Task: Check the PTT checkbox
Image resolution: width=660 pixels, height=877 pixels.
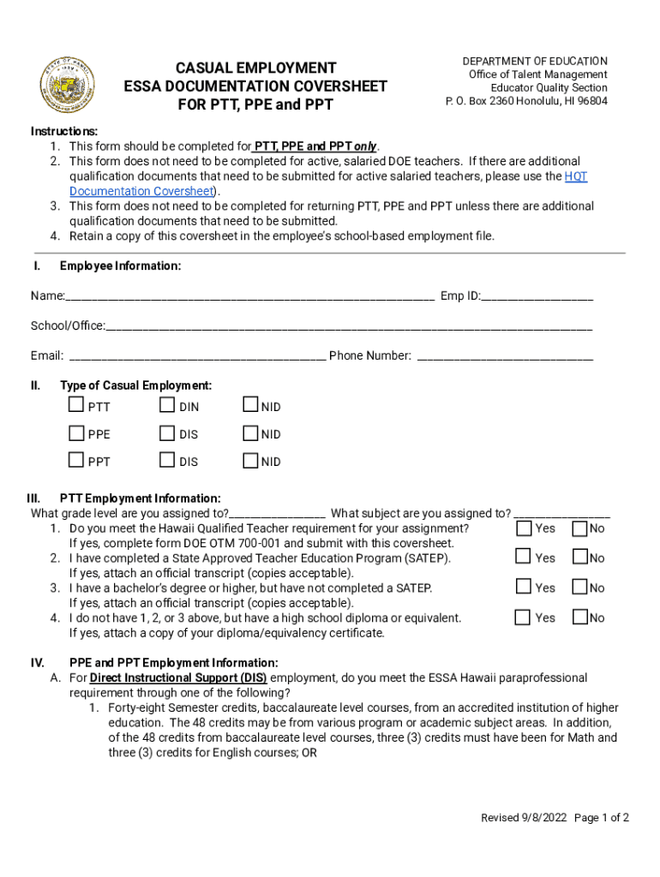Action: [x=77, y=405]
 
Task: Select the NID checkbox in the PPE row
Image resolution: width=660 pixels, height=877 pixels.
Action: [x=250, y=433]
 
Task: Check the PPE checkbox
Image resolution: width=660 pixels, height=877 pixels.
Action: [x=77, y=433]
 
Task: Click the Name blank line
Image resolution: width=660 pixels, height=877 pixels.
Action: [x=249, y=296]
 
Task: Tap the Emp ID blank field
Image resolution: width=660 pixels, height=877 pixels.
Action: [x=537, y=296]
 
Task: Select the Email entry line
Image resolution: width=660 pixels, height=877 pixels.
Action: [x=196, y=356]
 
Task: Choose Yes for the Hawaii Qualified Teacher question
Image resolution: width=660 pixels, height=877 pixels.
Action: [x=524, y=528]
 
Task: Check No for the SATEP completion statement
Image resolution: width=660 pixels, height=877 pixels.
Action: [x=579, y=557]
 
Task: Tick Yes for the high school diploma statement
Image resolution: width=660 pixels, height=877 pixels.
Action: [x=524, y=617]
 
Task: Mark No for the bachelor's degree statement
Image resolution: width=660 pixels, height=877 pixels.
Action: [x=579, y=587]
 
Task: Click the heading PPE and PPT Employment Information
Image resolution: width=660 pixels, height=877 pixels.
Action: [x=174, y=663]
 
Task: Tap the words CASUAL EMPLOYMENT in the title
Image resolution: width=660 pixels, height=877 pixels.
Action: [x=256, y=68]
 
